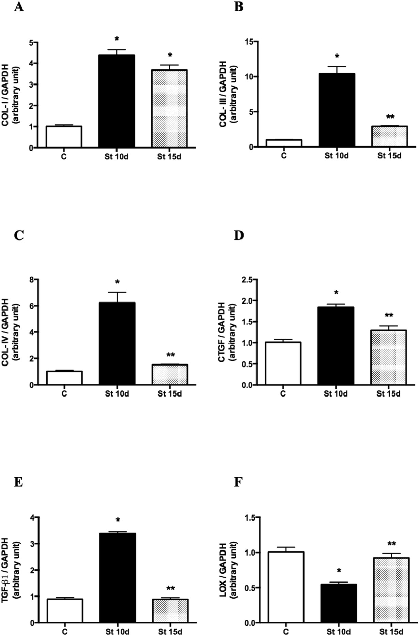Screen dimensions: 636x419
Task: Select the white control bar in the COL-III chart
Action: tap(284, 143)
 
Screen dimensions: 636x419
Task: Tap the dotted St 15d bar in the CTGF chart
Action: tap(389, 357)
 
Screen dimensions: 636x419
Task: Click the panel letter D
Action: tap(239, 235)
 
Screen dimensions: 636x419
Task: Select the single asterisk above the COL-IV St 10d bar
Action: tap(117, 282)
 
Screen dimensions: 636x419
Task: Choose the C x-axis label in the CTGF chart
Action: tap(283, 394)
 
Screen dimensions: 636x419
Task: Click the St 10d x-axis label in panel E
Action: tap(117, 631)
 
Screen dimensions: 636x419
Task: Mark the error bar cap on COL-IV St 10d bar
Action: tap(117, 292)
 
